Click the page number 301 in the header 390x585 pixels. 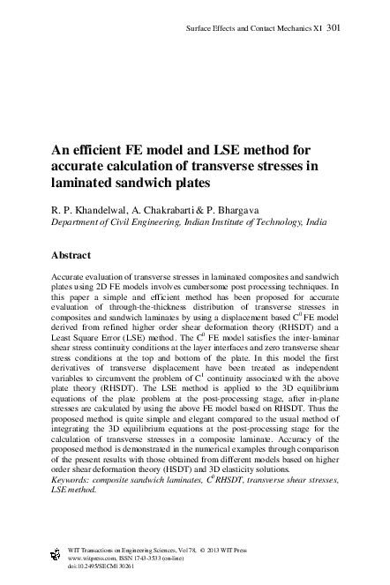(x=334, y=27)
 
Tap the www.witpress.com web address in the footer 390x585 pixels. (x=82, y=558)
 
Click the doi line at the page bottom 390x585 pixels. (x=88, y=566)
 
